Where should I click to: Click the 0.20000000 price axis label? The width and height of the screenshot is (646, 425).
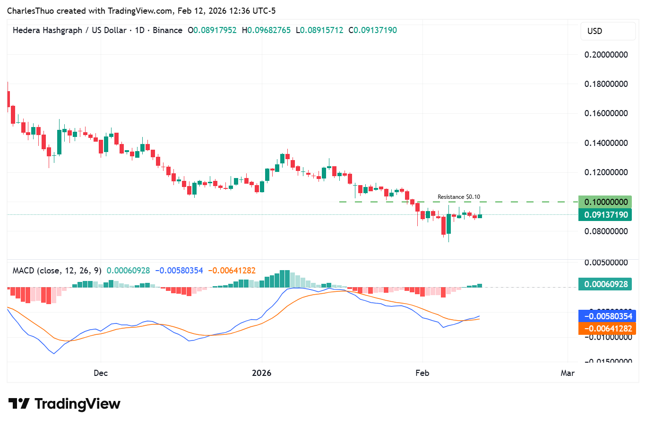pos(606,55)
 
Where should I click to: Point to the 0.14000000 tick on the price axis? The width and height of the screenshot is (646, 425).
pos(606,143)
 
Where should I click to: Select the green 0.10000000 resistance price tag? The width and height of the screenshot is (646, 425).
pos(605,202)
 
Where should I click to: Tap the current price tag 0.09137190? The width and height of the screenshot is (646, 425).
pos(605,215)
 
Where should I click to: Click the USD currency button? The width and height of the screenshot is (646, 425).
pos(594,31)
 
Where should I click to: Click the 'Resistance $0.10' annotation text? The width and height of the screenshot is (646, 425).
pos(458,197)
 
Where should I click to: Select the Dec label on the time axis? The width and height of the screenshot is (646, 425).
pos(101,373)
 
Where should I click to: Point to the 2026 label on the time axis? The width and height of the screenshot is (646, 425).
pos(261,373)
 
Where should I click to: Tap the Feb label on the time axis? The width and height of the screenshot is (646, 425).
pos(422,373)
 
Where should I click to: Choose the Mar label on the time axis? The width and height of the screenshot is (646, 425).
pos(567,373)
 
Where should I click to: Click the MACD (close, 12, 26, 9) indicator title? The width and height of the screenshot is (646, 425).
pos(57,271)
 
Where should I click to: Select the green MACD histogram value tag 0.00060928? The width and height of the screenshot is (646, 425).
pos(605,284)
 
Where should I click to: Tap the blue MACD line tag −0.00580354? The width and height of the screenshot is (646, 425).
pos(607,316)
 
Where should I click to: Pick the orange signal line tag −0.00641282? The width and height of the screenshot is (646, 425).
pos(607,329)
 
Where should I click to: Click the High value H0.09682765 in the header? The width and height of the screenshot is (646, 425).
pos(266,30)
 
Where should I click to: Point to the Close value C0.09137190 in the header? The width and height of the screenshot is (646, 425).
pos(372,30)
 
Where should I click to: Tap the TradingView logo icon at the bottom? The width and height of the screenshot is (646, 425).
pos(19,404)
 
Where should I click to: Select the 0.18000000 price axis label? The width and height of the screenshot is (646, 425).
pos(606,84)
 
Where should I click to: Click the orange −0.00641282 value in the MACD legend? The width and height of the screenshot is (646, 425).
pos(232,271)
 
